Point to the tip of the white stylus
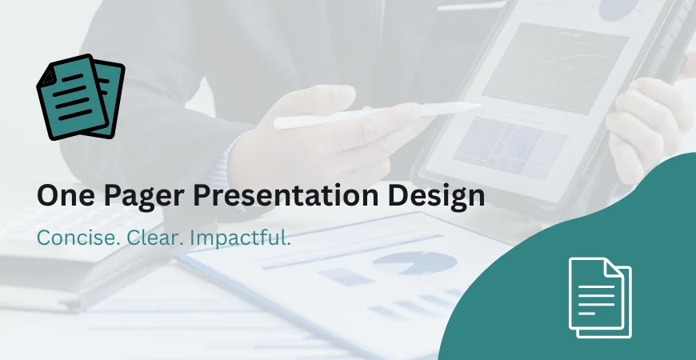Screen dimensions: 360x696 [x=479, y=106]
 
